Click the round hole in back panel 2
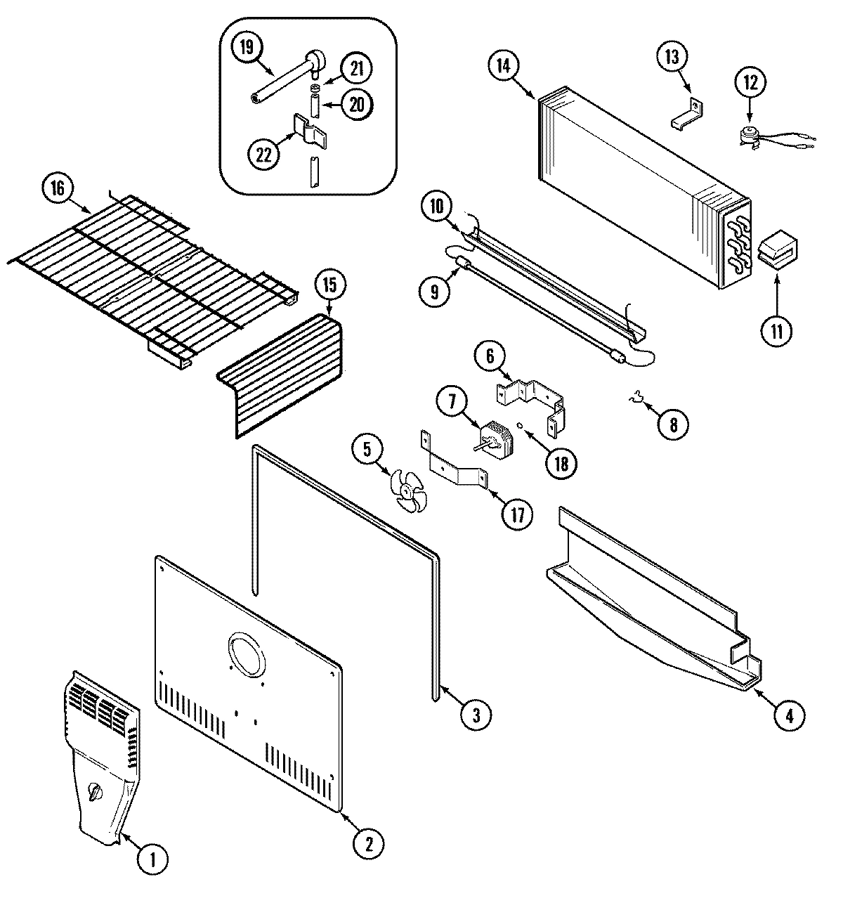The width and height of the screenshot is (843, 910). click(247, 653)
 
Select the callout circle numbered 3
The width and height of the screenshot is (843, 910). click(476, 715)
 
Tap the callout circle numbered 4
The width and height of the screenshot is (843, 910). click(790, 716)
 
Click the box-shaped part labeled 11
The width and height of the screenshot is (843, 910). click(778, 252)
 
